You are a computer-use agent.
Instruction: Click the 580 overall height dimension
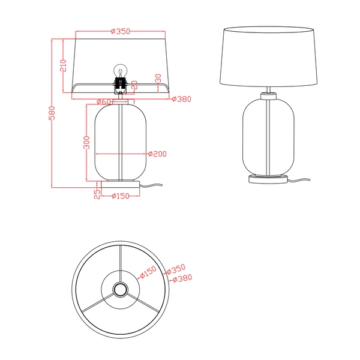(52, 112)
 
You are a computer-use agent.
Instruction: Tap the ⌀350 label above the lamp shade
(121, 31)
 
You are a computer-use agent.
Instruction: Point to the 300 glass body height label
(87, 142)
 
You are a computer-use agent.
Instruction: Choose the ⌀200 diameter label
(157, 154)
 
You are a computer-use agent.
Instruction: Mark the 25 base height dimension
(96, 193)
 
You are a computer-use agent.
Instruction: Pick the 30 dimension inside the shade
(158, 79)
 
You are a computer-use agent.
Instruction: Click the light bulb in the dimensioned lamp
(120, 71)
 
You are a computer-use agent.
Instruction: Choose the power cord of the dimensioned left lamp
(153, 185)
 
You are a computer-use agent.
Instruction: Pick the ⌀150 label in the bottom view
(148, 272)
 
